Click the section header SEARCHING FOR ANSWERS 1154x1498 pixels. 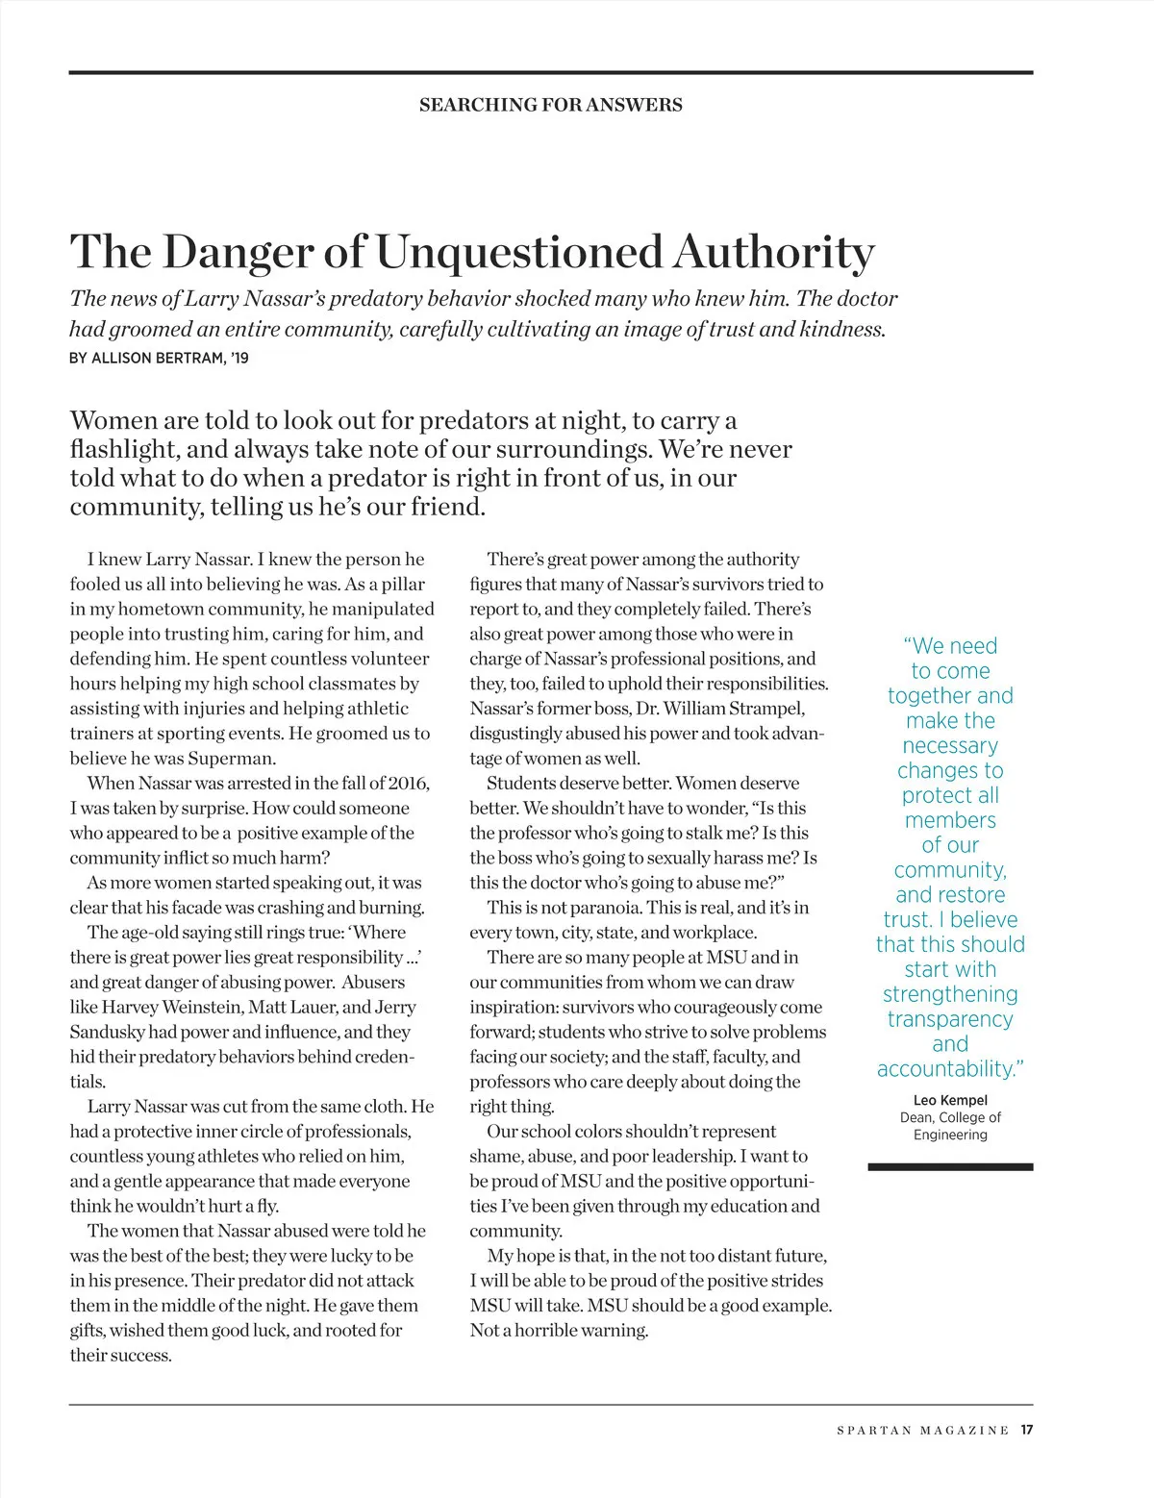[550, 105]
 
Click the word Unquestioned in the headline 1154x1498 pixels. [518, 252]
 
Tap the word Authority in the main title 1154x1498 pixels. [773, 252]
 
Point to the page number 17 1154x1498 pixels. [1027, 1430]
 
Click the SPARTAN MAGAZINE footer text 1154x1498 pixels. [923, 1431]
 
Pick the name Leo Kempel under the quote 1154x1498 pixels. [950, 1100]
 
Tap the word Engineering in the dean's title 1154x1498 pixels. [950, 1135]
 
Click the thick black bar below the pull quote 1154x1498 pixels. [950, 1166]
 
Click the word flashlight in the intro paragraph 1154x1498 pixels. [122, 450]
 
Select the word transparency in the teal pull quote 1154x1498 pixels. [950, 1019]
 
